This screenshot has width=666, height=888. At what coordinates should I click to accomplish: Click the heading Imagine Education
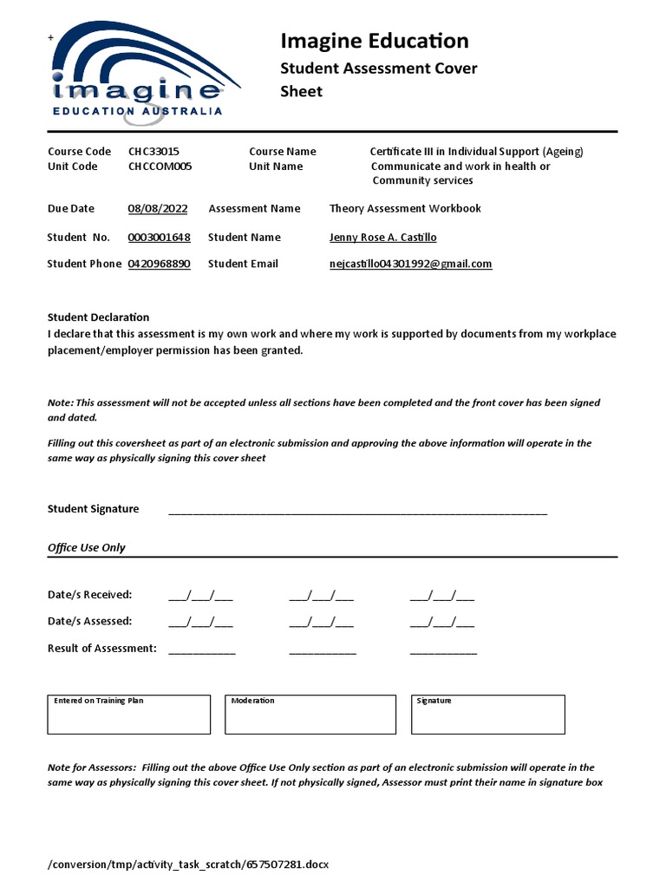click(x=374, y=41)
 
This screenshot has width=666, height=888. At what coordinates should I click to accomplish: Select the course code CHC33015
click(x=153, y=151)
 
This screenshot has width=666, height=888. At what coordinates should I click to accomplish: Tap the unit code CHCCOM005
click(x=160, y=166)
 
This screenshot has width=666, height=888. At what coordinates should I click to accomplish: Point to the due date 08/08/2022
click(x=157, y=208)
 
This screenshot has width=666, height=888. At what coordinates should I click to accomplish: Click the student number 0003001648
click(x=159, y=237)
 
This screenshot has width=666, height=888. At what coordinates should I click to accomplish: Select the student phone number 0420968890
click(x=159, y=264)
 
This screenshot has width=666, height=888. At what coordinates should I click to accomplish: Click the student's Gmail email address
click(x=410, y=264)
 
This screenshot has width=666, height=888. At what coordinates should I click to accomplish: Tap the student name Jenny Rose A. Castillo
click(x=382, y=237)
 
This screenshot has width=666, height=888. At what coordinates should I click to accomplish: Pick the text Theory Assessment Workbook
click(x=404, y=208)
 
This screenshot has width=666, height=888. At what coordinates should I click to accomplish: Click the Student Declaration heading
click(x=98, y=317)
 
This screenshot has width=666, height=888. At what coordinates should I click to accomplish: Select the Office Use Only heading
click(x=86, y=547)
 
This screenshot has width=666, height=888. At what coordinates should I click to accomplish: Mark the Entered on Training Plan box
click(x=129, y=715)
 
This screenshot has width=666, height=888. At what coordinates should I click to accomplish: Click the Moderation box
click(x=303, y=715)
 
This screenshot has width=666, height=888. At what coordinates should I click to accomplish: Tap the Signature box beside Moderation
click(x=487, y=715)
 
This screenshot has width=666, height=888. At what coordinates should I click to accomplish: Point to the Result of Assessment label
click(x=101, y=648)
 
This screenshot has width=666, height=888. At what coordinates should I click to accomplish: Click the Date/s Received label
click(x=89, y=594)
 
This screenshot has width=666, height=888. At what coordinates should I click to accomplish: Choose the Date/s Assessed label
click(x=89, y=621)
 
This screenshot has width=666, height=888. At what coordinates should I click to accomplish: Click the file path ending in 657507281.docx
click(x=188, y=865)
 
